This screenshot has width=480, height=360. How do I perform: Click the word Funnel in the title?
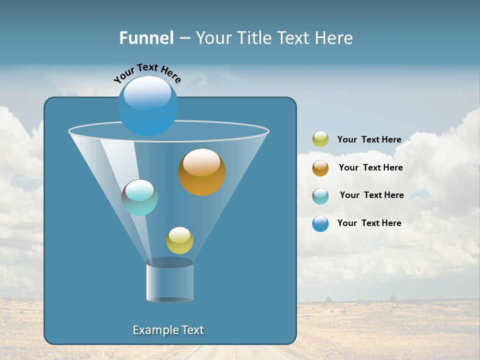[146, 38]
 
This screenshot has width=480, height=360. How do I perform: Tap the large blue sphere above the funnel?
[147, 105]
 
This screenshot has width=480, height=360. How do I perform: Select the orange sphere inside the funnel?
[202, 172]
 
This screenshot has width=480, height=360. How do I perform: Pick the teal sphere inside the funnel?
[139, 197]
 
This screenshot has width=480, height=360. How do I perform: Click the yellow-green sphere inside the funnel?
[179, 240]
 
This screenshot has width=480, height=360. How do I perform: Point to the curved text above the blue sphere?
[147, 73]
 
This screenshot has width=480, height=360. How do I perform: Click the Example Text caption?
[168, 330]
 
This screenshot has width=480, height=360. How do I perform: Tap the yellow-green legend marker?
[320, 139]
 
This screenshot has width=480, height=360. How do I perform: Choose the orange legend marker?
[320, 167]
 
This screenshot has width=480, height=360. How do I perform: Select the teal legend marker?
[320, 195]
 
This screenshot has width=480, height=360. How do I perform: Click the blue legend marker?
[320, 223]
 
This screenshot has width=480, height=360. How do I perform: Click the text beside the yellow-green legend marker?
[369, 139]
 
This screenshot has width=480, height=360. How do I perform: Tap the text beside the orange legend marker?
[370, 167]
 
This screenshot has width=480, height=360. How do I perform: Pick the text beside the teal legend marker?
[371, 195]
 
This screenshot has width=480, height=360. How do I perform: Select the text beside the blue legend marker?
[369, 223]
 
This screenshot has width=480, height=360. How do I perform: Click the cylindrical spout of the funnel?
[169, 282]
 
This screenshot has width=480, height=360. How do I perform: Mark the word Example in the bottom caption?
[154, 330]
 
